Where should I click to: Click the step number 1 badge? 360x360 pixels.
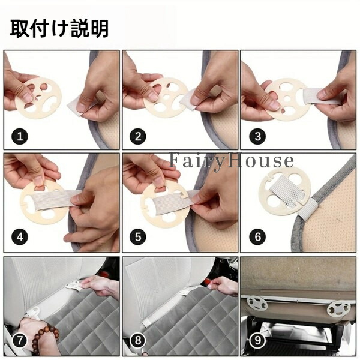coord(20,136)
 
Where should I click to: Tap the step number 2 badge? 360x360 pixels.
coord(138,136)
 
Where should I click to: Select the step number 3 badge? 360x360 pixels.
coord(257,136)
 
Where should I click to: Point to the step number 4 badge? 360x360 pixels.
coord(20,237)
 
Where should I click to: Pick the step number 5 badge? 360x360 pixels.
coord(138,237)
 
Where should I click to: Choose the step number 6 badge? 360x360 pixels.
coord(257,237)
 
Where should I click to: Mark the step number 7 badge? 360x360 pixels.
coord(20,340)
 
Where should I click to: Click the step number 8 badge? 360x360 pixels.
coord(138,340)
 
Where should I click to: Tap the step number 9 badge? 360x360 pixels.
coord(257,340)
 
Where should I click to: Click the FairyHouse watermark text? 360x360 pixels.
coord(231,161)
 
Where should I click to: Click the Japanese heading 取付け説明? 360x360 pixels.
coord(59,28)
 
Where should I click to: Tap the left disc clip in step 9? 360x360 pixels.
coord(257,304)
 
